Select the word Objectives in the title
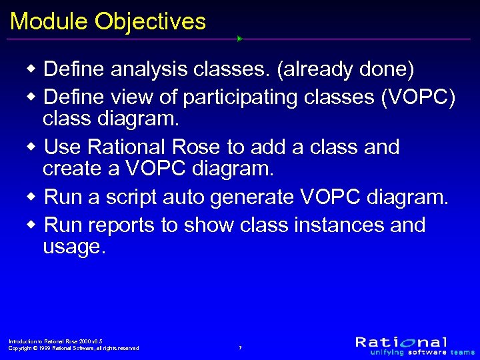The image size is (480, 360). click(150, 22)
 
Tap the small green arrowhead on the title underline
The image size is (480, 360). click(239, 39)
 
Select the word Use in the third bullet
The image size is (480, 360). click(62, 147)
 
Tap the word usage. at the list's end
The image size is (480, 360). click(74, 248)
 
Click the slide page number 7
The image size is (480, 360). click(240, 347)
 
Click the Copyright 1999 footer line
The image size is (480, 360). click(73, 348)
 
